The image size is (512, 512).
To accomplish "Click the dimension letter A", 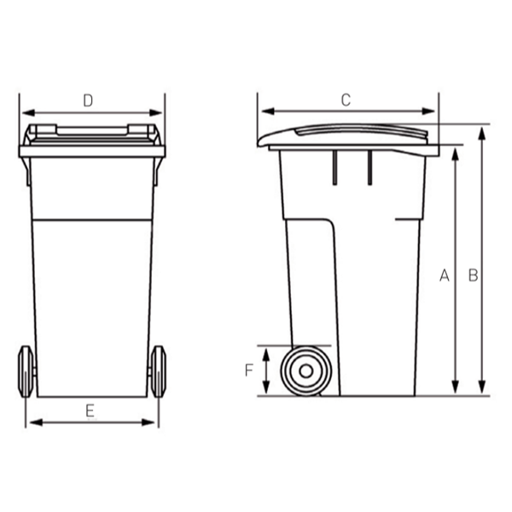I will (444, 275).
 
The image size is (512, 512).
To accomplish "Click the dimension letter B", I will (472, 275).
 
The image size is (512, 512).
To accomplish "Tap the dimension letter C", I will (346, 99).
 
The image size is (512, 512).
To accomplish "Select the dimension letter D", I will (87, 100).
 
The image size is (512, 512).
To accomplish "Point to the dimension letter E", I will (90, 410).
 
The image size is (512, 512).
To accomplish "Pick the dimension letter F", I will (249, 371).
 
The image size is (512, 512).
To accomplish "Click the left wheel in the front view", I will (26, 371).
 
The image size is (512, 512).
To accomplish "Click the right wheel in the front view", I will (158, 371).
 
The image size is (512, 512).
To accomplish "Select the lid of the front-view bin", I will (92, 136).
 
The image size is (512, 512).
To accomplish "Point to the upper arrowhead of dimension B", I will (483, 131).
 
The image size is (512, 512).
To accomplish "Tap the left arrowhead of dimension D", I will (25, 112).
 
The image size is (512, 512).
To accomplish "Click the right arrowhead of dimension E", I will (153, 422).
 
